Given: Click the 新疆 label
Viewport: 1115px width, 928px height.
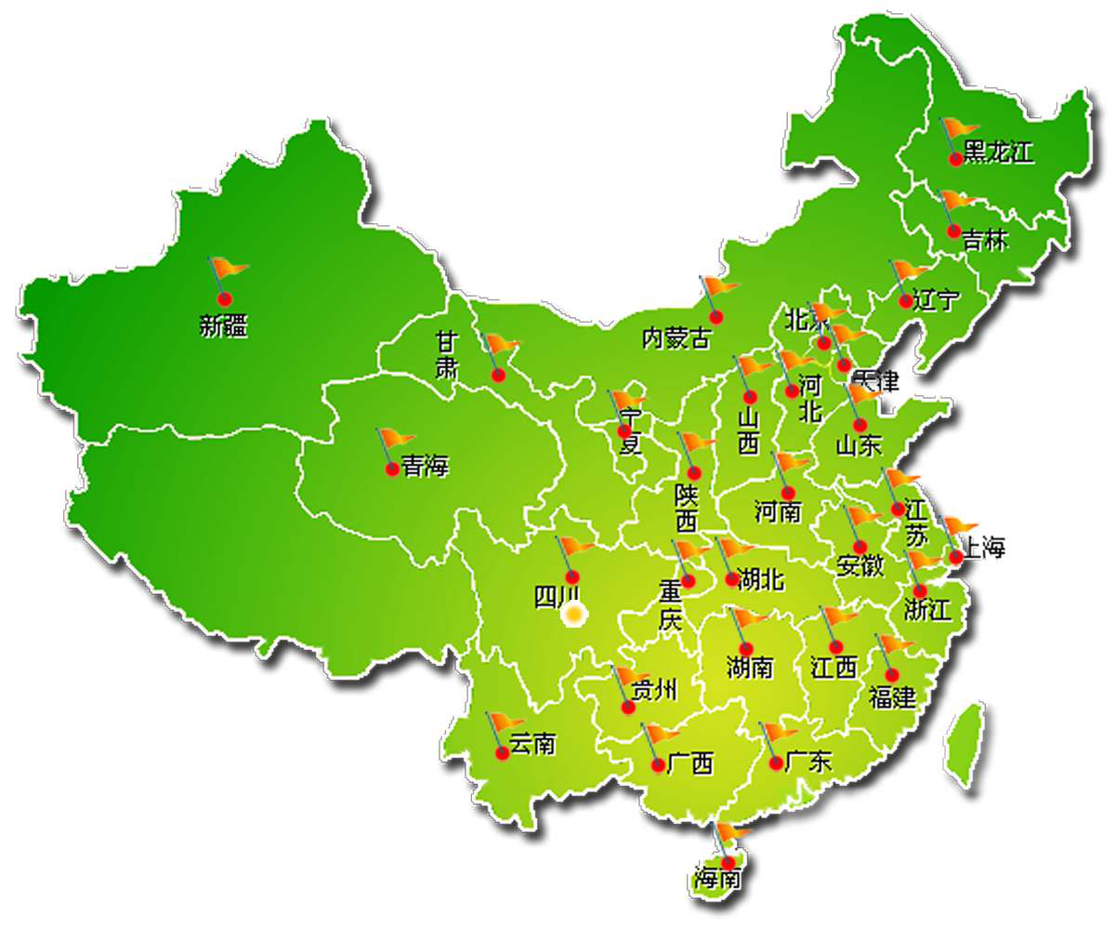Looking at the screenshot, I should [x=224, y=326].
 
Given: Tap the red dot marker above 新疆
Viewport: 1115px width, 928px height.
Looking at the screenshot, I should [x=224, y=298].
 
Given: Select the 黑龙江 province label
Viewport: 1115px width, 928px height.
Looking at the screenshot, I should [x=998, y=153].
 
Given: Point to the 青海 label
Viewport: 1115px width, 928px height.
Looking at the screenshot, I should [x=425, y=468].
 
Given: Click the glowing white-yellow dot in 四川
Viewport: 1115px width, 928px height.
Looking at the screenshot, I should [x=574, y=614].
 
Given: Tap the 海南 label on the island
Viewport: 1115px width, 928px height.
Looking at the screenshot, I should [x=718, y=877].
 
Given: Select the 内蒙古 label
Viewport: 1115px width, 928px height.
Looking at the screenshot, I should [x=676, y=338].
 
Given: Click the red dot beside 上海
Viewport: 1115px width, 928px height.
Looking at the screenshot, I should [x=955, y=557].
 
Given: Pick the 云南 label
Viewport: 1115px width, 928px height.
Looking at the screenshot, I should [x=532, y=744].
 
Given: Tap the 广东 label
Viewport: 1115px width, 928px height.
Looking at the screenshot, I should [x=808, y=762].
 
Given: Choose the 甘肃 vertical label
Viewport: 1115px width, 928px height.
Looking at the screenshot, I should [x=447, y=355].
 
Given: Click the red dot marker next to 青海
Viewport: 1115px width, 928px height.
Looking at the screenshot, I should [x=392, y=469].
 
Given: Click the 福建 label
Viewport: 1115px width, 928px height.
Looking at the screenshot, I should [x=892, y=696].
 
